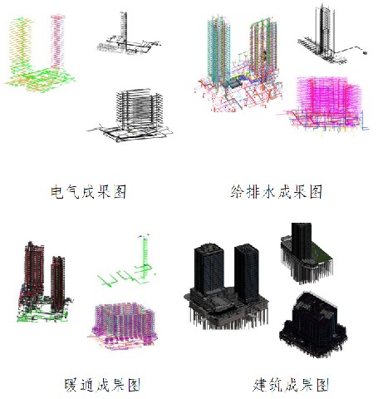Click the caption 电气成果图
tap(88, 191)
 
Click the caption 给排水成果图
tap(277, 191)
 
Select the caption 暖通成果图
tap(102, 385)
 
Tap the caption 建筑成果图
tap(291, 385)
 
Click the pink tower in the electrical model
tap(57, 42)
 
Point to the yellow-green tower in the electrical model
tap(20, 44)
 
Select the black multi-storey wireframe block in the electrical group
tap(130, 115)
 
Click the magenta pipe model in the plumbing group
tap(326, 104)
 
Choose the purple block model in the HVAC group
tap(123, 326)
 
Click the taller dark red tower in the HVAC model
tap(34, 268)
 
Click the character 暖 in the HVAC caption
tap(71, 385)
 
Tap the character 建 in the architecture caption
tap(260, 385)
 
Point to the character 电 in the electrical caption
tap(57, 191)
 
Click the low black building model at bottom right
tap(313, 324)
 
